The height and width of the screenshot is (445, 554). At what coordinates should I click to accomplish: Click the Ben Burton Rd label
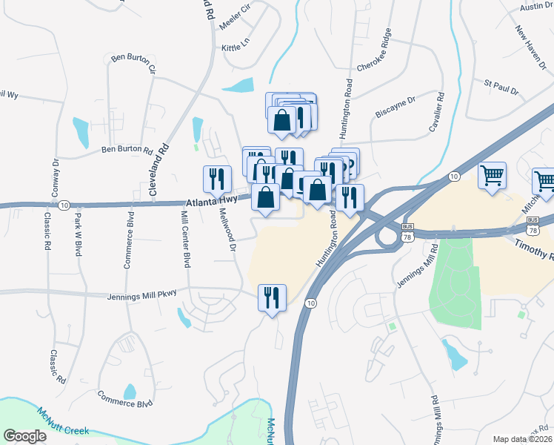click(127, 150)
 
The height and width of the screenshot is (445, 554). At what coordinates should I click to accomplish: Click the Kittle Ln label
click(237, 47)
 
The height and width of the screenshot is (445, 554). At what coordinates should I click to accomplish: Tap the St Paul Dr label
click(501, 87)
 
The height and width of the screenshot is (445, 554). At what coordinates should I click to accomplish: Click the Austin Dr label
click(537, 6)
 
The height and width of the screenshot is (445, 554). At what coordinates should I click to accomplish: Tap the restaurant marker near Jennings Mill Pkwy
click(271, 297)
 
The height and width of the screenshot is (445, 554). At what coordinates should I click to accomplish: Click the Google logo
click(24, 436)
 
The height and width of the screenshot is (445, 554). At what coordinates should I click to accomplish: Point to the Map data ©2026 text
click(523, 439)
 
